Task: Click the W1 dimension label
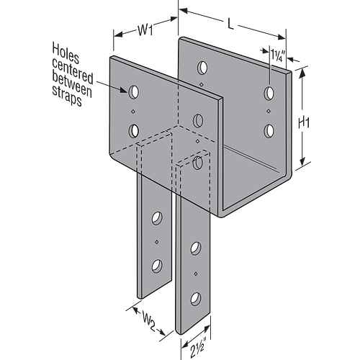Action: coord(145,30)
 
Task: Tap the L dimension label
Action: coord(230,24)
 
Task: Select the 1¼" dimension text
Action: coord(278,55)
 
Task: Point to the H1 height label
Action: coord(304,123)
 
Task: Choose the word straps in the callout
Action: coord(67,96)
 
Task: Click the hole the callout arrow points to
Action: coord(134,92)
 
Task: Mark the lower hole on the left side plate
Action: coord(134,131)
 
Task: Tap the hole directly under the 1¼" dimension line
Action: coord(269,94)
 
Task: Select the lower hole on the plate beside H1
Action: coord(269,131)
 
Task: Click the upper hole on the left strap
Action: coord(157,218)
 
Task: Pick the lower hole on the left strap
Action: coord(157,266)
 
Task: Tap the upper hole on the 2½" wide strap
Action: coord(196,248)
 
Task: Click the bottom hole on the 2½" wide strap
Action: coord(196,300)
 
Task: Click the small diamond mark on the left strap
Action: coord(157,242)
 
